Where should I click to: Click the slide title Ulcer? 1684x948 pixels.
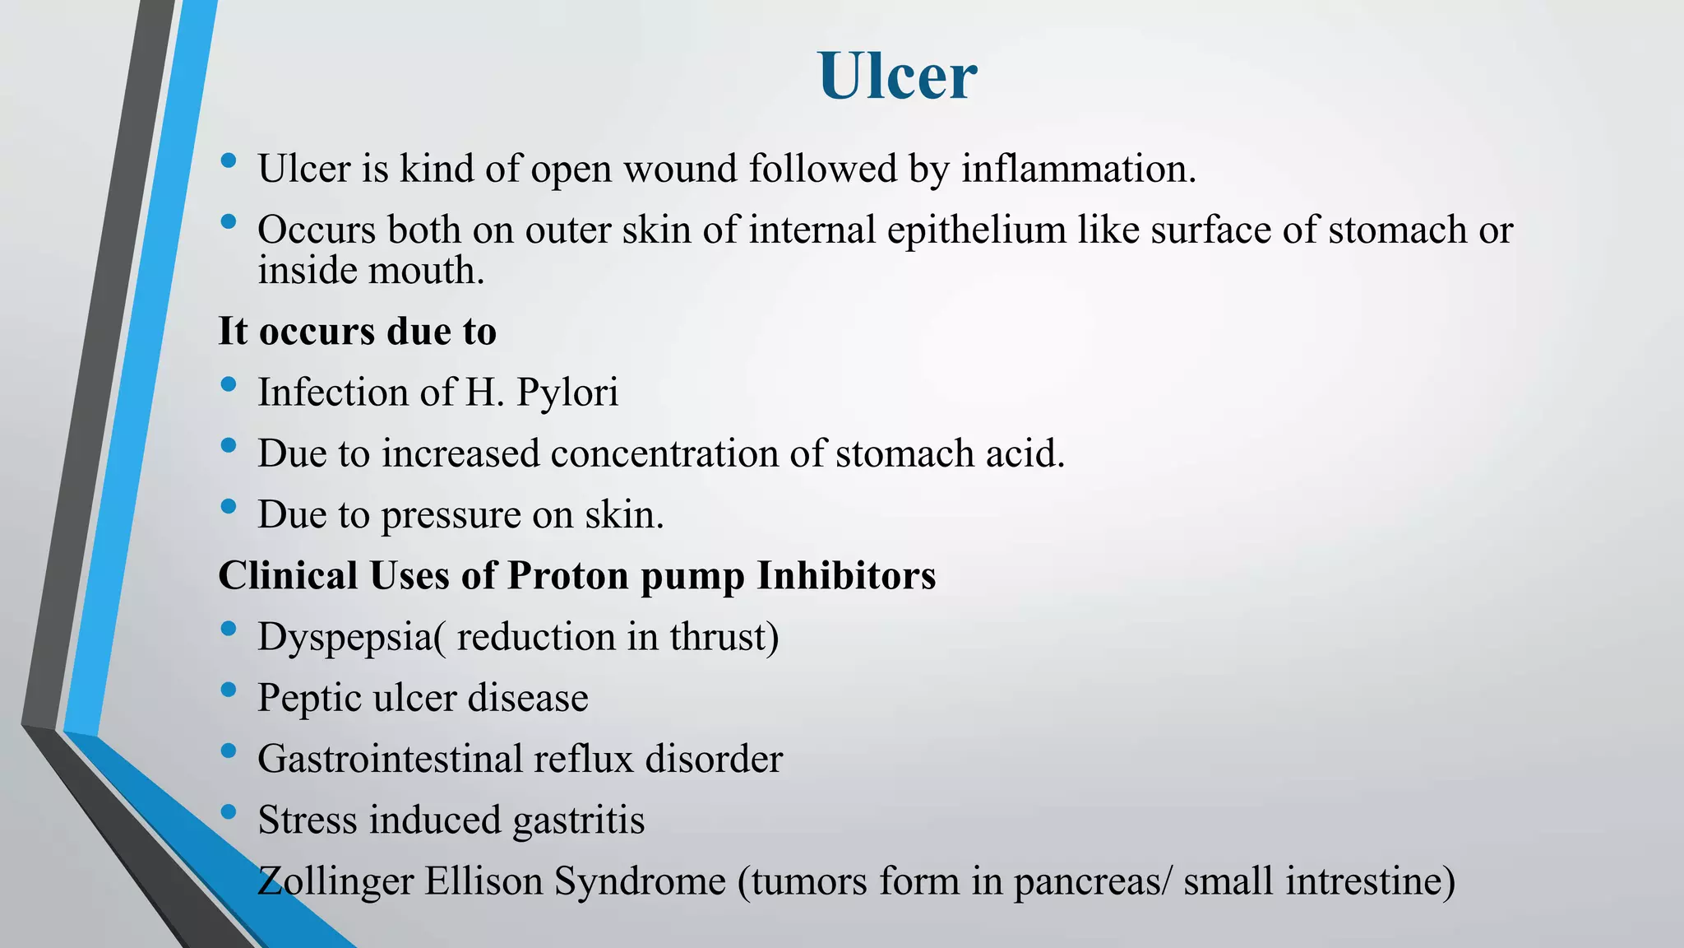[897, 76]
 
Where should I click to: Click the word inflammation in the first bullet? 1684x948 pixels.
[1078, 169]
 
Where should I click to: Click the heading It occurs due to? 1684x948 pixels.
[357, 331]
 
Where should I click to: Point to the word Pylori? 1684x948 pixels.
[567, 393]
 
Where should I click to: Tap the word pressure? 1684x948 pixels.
[451, 516]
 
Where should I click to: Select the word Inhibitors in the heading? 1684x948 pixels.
[846, 575]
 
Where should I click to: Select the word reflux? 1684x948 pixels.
[582, 759]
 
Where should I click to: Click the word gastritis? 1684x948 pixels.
[578, 820]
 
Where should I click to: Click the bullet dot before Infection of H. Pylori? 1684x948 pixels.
[229, 383]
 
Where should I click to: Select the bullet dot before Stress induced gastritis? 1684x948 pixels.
[229, 811]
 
